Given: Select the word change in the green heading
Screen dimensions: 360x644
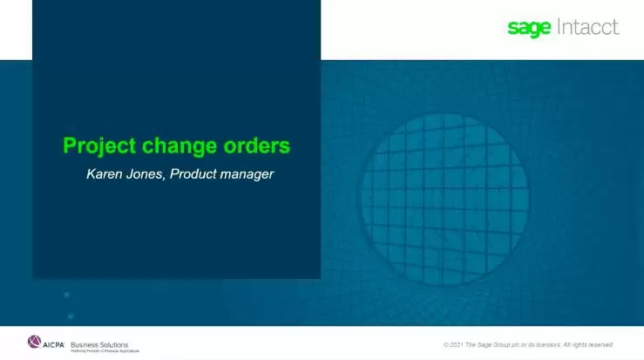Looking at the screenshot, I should [x=181, y=145].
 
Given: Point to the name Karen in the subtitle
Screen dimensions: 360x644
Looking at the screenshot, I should [x=105, y=174].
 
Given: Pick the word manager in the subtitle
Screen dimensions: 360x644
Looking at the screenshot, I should [x=248, y=174].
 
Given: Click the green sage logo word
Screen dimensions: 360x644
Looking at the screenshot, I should [x=529, y=28].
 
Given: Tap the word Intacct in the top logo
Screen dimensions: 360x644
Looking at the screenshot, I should [x=587, y=27].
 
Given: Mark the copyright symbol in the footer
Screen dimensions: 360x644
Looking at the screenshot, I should [x=445, y=344].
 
